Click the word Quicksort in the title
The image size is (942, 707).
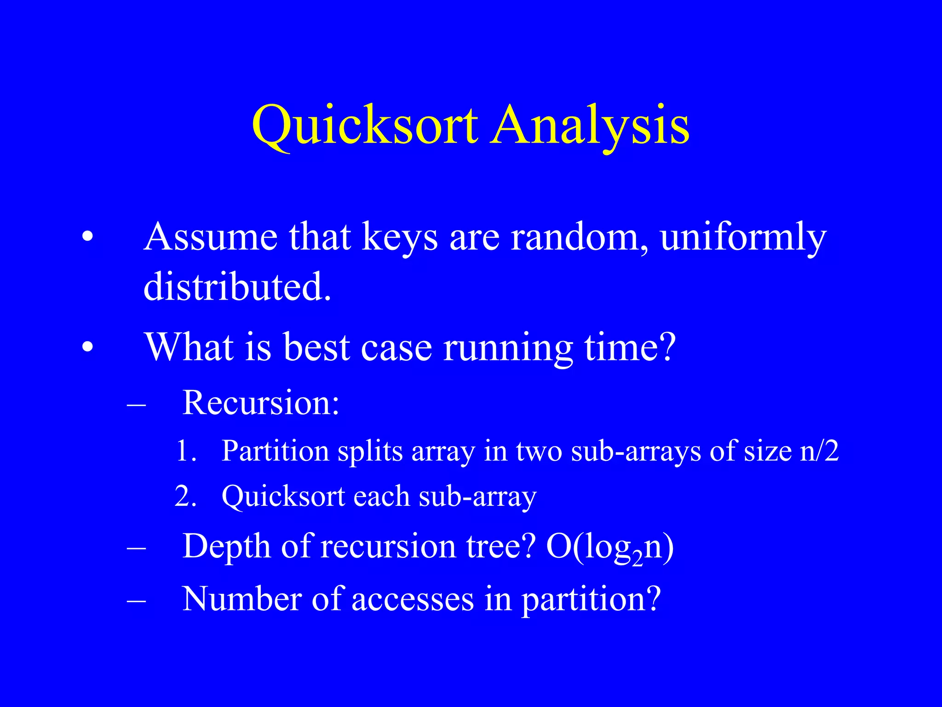point(365,126)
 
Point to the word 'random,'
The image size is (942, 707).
point(580,238)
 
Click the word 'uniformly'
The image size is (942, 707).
point(743,238)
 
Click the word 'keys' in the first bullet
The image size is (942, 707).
point(399,238)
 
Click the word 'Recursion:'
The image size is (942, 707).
point(261,403)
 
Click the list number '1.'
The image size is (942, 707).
point(186,451)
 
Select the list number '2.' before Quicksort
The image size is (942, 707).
point(186,497)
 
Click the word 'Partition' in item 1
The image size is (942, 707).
point(275,451)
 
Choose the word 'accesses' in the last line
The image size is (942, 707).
point(412,599)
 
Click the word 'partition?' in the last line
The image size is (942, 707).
point(591,600)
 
